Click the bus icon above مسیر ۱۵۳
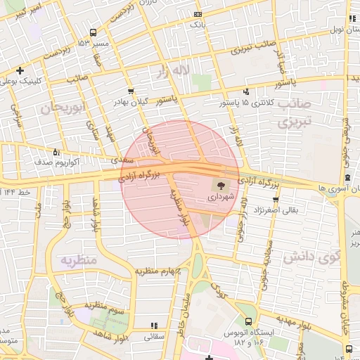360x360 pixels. pos(94,32)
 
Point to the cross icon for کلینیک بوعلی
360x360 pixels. pos(20,70)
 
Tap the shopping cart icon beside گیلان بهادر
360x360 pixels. pos(131,91)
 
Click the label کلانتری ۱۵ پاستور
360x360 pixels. pos(243,103)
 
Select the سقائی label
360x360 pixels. pos(154,336)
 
